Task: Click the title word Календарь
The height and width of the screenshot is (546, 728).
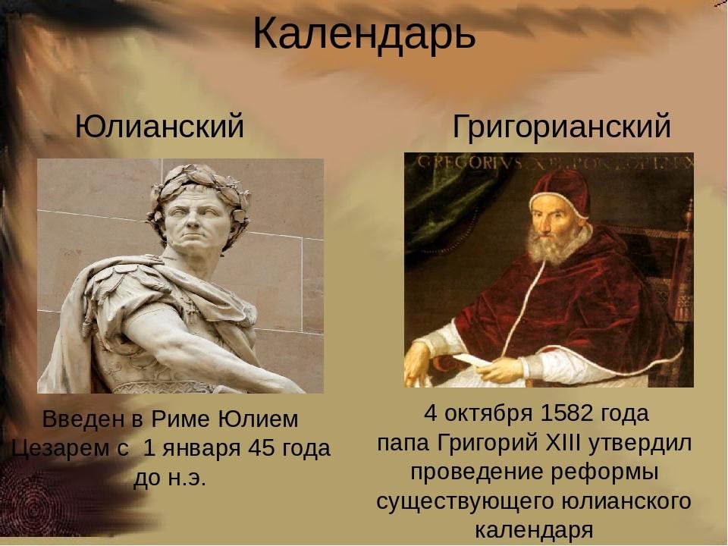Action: click(x=364, y=33)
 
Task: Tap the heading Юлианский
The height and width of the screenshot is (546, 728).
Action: click(x=159, y=127)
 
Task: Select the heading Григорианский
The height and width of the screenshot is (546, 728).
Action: click(x=561, y=127)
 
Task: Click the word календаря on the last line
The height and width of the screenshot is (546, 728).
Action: click(x=533, y=529)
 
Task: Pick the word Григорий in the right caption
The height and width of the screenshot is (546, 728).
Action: click(x=493, y=443)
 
